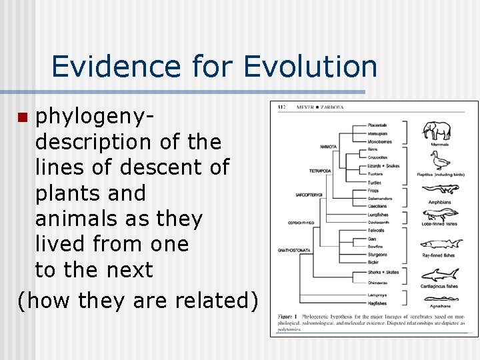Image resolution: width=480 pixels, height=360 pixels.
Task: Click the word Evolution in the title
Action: point(310,67)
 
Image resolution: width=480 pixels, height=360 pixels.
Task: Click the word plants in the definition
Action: point(90,193)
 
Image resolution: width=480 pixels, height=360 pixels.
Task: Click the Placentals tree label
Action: point(377,125)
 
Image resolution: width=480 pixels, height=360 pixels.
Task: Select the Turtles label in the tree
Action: point(375,183)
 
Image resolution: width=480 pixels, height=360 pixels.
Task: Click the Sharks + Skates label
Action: point(383,273)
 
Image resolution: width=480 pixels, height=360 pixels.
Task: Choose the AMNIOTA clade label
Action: point(328,145)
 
